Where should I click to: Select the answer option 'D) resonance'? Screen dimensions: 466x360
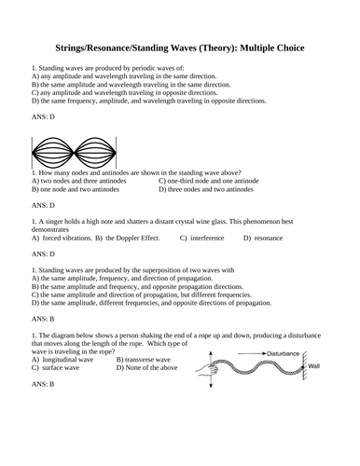(x=267, y=238)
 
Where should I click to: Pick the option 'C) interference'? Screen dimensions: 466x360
(x=203, y=238)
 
